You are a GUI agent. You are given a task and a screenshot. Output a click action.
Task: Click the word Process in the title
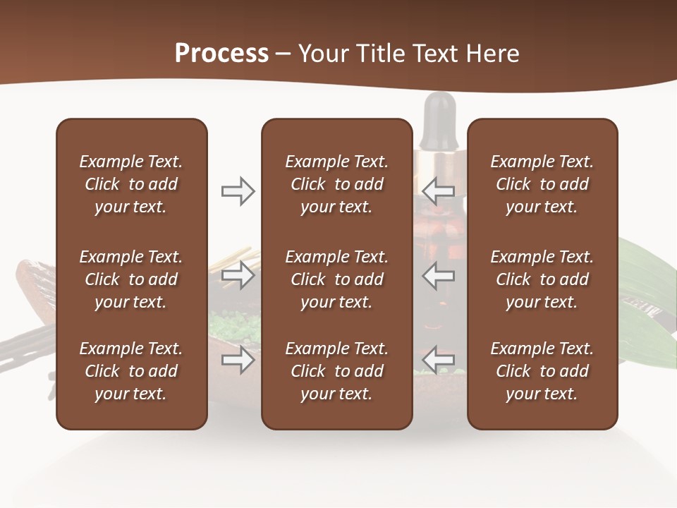pyautogui.click(x=221, y=54)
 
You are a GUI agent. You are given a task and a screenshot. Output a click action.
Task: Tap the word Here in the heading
pyautogui.click(x=492, y=54)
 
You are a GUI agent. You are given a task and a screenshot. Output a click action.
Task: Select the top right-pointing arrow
pyautogui.click(x=238, y=191)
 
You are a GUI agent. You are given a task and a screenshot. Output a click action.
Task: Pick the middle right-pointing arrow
pyautogui.click(x=238, y=275)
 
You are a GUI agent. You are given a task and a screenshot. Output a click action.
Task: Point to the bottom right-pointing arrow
pyautogui.click(x=238, y=360)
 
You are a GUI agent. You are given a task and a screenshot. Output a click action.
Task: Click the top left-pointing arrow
pyautogui.click(x=439, y=191)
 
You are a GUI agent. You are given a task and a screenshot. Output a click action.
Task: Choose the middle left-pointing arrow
pyautogui.click(x=439, y=275)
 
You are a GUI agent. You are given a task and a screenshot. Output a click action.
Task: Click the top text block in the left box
pyautogui.click(x=131, y=184)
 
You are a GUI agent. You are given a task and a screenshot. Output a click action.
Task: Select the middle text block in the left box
pyautogui.click(x=131, y=279)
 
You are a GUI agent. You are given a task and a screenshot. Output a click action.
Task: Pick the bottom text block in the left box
pyautogui.click(x=131, y=371)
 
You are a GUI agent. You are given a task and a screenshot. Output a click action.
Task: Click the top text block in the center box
pyautogui.click(x=336, y=184)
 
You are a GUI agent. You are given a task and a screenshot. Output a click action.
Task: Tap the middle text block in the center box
pyautogui.click(x=336, y=279)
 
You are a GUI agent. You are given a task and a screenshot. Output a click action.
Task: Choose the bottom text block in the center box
pyautogui.click(x=336, y=371)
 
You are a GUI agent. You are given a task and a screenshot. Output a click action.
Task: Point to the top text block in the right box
pyautogui.click(x=542, y=184)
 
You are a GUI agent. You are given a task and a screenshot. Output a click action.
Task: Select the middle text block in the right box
pyautogui.click(x=542, y=279)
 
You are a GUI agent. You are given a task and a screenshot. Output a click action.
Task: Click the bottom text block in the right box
pyautogui.click(x=542, y=371)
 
